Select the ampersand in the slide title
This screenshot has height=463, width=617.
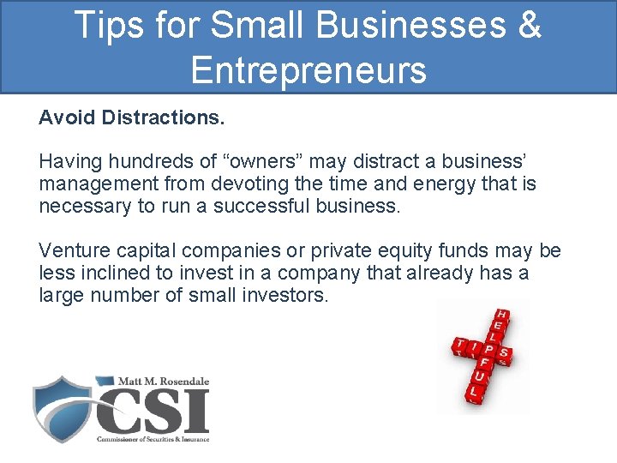[x=528, y=25]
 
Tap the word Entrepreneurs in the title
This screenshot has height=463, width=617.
[x=308, y=69]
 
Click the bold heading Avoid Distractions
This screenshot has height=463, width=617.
[x=132, y=117]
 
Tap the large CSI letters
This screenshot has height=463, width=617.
[x=154, y=410]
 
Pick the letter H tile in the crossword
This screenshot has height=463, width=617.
[x=502, y=316]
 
